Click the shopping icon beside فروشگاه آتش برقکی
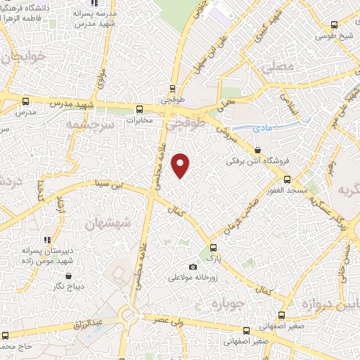[x=258, y=150]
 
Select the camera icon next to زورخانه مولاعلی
[x=193, y=266]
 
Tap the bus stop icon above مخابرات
[x=139, y=109]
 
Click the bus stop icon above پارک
[x=214, y=247]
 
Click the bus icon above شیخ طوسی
[x=335, y=23]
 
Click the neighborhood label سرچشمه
[x=89, y=124]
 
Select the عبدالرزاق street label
[x=89, y=324]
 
